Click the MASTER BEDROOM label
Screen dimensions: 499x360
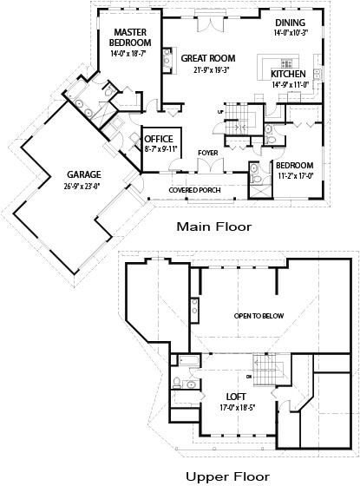coord(130,37)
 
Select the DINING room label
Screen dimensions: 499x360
coord(290,23)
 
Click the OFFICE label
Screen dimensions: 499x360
coord(159,139)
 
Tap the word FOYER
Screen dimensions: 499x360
coord(207,153)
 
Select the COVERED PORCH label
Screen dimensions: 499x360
coord(193,190)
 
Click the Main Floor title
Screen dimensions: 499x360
coord(213,227)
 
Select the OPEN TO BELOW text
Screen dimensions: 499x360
coord(259,315)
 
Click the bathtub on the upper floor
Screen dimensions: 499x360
coord(188,361)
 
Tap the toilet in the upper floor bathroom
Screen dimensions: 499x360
coord(177,383)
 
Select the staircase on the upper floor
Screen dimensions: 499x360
coord(262,365)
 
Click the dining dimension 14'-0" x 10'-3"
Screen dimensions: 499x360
coord(290,32)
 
